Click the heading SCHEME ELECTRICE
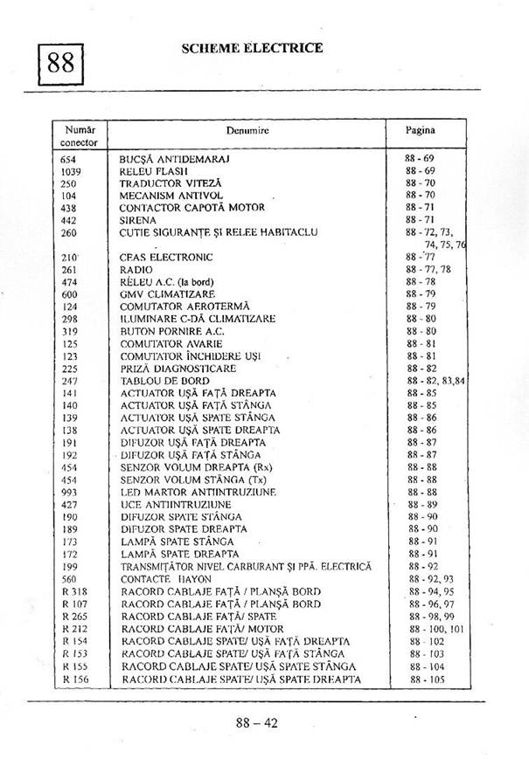coord(252,48)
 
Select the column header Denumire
coord(247,130)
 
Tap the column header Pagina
coord(420,130)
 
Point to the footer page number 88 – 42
coord(256,723)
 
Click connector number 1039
coord(72,171)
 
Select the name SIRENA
coord(138,221)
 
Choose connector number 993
coord(69,492)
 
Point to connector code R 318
coord(73,591)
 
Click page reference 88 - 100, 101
coord(436,628)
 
